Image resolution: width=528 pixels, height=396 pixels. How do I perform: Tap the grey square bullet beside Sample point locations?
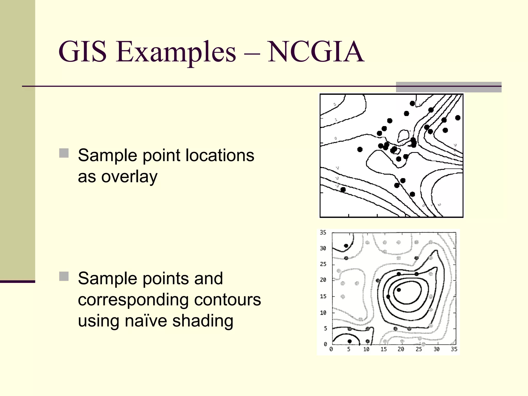64,153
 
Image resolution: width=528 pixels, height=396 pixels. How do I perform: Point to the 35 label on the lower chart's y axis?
323,233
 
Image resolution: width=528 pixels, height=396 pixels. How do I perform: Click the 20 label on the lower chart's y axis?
323,280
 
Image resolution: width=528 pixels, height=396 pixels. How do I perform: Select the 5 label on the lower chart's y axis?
325,328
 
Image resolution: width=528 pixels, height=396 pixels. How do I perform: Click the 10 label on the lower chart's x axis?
366,349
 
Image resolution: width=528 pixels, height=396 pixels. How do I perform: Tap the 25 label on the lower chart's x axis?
419,349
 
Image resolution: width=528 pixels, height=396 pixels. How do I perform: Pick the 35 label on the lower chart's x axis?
454,349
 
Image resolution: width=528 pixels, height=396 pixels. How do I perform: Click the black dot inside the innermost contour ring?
399,290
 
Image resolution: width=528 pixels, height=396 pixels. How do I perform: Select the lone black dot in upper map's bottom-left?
343,190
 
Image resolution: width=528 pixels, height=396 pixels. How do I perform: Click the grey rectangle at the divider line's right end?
449,87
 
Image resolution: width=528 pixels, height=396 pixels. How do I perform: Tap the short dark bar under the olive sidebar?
18,282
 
